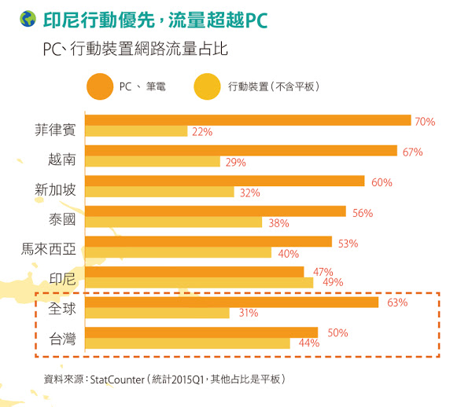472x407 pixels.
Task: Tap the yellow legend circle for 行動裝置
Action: click(x=206, y=86)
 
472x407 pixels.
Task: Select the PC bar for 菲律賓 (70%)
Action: click(x=247, y=120)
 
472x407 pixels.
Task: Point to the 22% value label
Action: click(x=202, y=132)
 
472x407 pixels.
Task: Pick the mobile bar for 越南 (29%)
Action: click(x=152, y=162)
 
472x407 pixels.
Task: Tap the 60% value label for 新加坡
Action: click(x=382, y=182)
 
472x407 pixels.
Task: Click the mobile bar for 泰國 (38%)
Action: click(x=172, y=222)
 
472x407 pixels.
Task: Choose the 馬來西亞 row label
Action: click(x=49, y=250)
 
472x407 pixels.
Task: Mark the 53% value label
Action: click(x=348, y=244)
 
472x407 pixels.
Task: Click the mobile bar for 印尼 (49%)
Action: click(x=198, y=283)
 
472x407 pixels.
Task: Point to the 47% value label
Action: click(x=323, y=272)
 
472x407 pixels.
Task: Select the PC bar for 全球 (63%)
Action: click(x=230, y=302)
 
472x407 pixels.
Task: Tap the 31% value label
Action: click(x=249, y=313)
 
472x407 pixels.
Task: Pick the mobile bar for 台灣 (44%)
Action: click(x=186, y=343)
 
